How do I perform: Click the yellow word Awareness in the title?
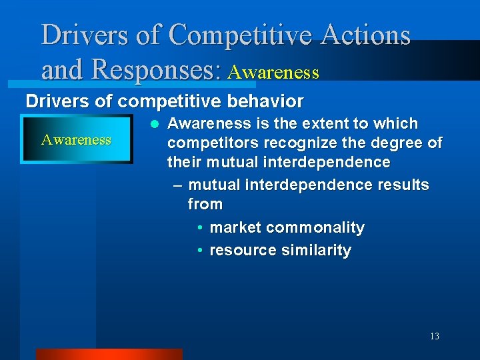point(273,72)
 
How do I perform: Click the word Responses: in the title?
point(157,69)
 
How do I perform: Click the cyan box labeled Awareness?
point(76,139)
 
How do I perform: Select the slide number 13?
point(434,336)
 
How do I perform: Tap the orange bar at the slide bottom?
point(108,354)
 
